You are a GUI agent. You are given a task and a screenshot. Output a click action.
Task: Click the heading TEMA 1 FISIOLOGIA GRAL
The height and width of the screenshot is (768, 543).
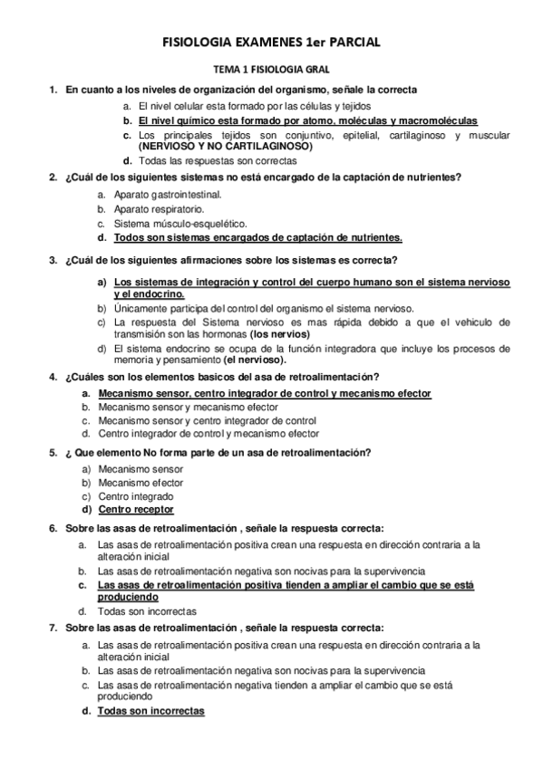pos(270,69)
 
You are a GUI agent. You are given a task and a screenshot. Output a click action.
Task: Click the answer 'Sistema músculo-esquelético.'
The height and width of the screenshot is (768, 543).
pos(174,223)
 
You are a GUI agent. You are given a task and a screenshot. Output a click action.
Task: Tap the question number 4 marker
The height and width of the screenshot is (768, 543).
pos(53,377)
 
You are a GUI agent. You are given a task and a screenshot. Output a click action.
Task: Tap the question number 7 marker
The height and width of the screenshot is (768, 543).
pos(53,628)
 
